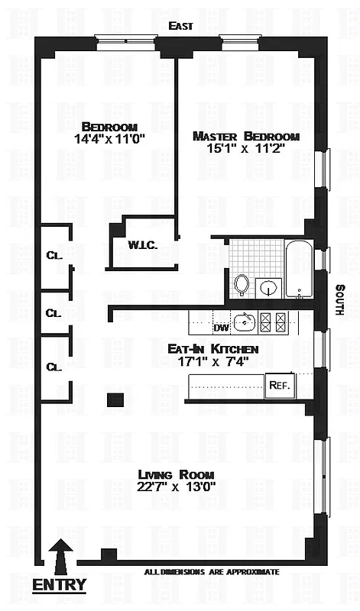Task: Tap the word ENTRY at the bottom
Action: (x=59, y=586)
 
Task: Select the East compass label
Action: (x=182, y=26)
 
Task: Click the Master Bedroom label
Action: (x=245, y=136)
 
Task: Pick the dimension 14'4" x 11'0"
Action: (x=109, y=141)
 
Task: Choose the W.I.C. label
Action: (x=143, y=245)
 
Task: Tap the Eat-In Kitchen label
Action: (x=213, y=348)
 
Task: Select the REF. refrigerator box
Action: (x=279, y=386)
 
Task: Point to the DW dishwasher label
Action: (x=221, y=328)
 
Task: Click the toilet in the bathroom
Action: (x=242, y=284)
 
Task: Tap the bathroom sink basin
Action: (x=268, y=288)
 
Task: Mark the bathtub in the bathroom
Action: (x=299, y=269)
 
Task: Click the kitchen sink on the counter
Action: (x=245, y=321)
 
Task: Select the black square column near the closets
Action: (x=115, y=399)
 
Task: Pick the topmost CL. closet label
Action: (x=54, y=256)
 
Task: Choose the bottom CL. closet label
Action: (x=54, y=367)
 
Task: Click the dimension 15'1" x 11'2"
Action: (x=245, y=150)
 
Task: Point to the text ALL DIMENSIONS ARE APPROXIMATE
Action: (x=212, y=571)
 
